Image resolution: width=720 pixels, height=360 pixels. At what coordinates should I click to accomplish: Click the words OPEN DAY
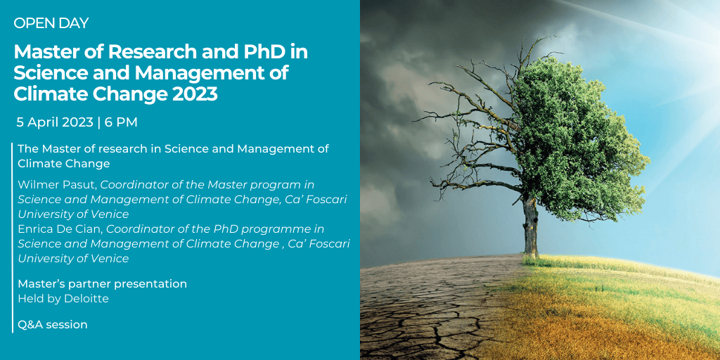51,23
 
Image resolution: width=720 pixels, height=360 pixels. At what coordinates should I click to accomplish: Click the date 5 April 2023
54,122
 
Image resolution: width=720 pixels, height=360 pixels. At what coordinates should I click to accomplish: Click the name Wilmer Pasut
57,185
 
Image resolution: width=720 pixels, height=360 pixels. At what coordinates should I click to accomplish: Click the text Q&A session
52,325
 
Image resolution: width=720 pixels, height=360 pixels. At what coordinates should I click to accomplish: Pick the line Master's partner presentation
102,284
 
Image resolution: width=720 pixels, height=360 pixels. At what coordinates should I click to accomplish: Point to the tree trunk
530,225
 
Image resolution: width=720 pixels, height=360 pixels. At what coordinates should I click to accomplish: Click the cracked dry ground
432,308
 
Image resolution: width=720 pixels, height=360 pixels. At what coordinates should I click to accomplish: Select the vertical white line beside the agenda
13,238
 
